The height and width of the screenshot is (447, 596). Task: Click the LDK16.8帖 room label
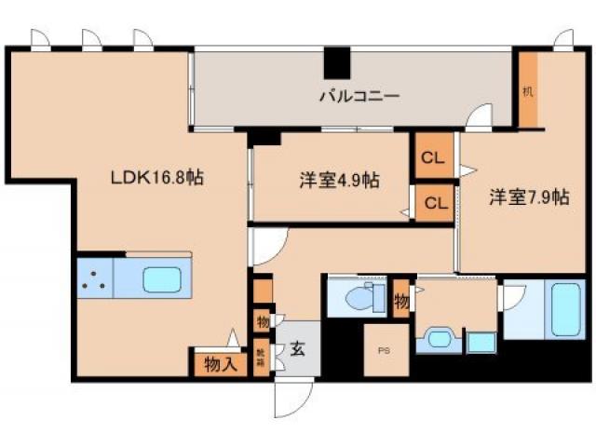click(x=157, y=177)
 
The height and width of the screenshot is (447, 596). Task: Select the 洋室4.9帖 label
click(x=339, y=180)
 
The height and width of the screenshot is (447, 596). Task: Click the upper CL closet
click(x=432, y=156)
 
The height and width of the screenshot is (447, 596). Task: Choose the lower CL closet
click(x=432, y=201)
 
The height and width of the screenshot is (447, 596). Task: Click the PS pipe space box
click(x=386, y=350)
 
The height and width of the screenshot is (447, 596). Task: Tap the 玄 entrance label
click(x=297, y=350)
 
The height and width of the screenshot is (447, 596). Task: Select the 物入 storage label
click(x=220, y=364)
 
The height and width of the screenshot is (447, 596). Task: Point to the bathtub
click(x=568, y=308)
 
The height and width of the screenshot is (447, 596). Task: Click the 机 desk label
click(x=528, y=92)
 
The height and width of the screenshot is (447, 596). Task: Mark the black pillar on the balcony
click(x=337, y=62)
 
